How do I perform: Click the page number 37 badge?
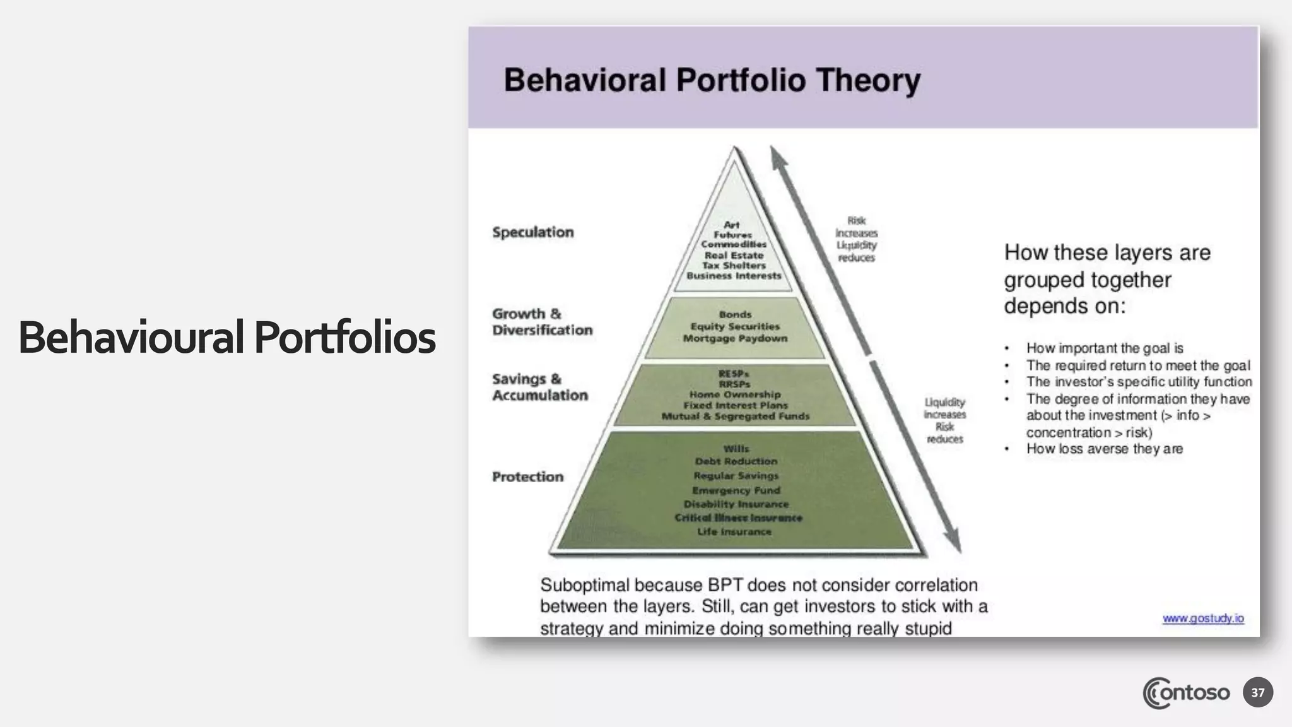(1257, 692)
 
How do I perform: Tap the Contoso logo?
(1186, 693)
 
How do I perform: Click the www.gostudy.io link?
(1203, 618)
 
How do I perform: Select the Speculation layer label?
(533, 232)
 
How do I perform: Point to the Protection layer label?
(527, 476)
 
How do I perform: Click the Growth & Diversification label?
(542, 322)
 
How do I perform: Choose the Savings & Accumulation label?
(540, 387)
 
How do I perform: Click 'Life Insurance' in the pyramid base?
(734, 532)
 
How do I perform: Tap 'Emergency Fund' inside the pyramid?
(736, 490)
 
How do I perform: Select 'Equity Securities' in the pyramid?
(735, 326)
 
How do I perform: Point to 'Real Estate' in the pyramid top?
(734, 255)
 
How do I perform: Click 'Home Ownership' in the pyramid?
(735, 394)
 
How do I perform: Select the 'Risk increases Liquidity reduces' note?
(856, 239)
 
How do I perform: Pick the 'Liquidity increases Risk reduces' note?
(944, 420)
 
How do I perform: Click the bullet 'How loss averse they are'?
(1104, 449)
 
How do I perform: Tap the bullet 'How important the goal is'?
(1104, 348)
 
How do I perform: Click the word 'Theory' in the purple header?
(867, 81)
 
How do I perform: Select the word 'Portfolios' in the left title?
(344, 338)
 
